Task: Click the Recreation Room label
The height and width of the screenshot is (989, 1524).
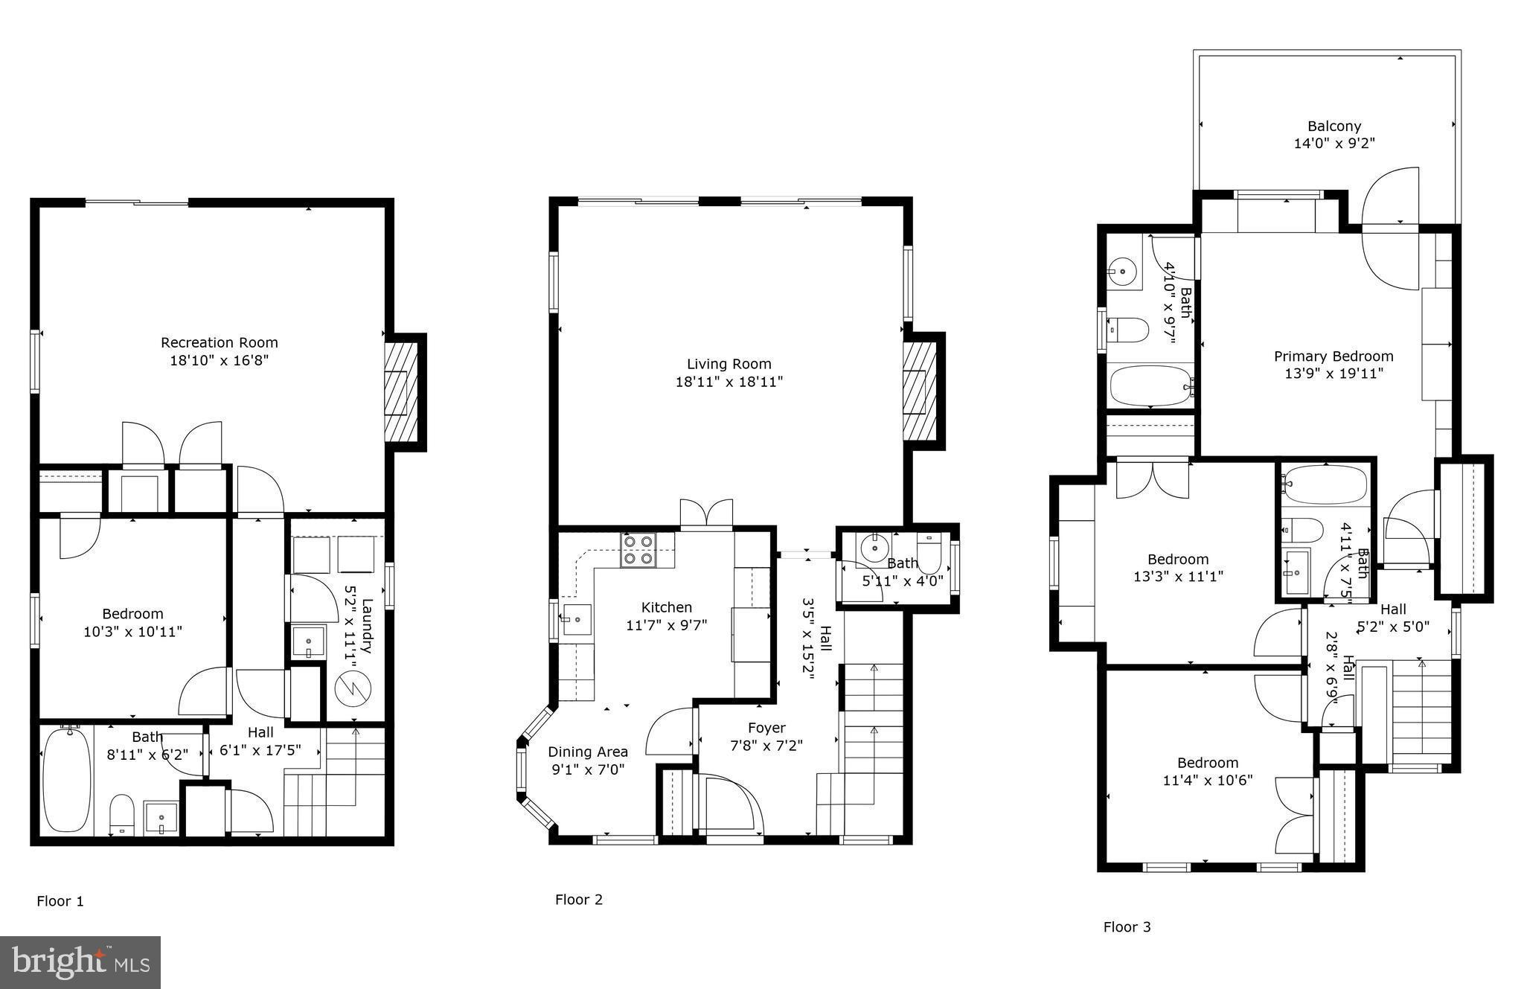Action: pos(219,342)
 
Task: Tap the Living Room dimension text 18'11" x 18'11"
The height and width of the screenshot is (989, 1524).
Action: pos(729,382)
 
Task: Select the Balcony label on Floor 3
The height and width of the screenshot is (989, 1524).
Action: pos(1334,126)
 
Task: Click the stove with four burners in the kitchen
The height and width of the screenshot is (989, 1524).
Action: pos(638,550)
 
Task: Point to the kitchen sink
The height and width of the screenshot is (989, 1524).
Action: pos(576,619)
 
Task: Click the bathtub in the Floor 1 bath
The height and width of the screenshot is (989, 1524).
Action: pos(66,780)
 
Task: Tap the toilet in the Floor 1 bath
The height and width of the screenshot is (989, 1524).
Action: pos(121,813)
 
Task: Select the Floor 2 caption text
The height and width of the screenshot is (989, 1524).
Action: pos(578,899)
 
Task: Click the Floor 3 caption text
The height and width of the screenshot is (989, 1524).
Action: pos(1127,926)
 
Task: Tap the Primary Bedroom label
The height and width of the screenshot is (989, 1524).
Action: pos(1333,356)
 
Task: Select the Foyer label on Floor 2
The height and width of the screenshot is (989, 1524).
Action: pos(766,727)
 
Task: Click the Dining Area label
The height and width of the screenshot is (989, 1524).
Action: pos(588,752)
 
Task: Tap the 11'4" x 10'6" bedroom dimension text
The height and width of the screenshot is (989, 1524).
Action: pos(1207,780)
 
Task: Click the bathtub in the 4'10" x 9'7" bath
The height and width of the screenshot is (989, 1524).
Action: pos(1150,385)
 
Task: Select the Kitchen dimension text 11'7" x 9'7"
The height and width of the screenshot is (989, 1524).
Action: pos(666,625)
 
